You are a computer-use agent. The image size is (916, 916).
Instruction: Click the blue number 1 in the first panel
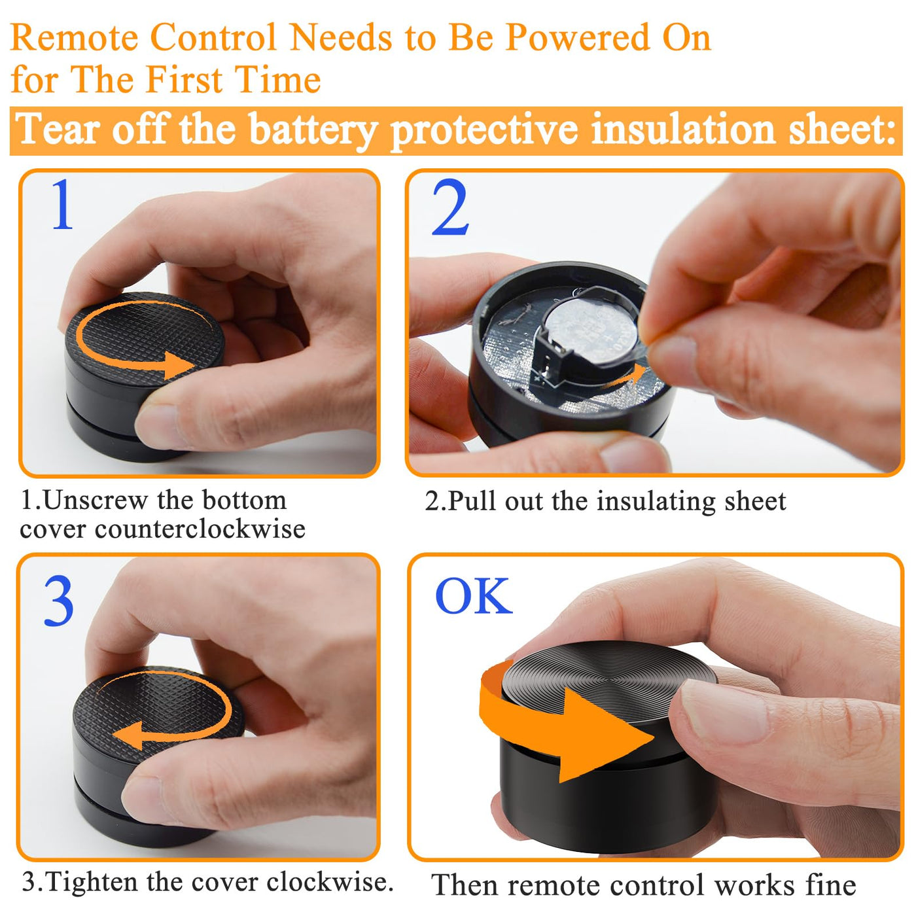(x=63, y=204)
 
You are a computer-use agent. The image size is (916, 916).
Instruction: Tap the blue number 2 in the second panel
(x=449, y=207)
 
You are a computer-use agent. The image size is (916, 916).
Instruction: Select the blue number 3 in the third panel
(x=59, y=601)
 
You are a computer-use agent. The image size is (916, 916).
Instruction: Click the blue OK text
(x=474, y=595)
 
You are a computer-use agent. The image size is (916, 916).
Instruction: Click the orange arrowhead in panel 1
(x=178, y=365)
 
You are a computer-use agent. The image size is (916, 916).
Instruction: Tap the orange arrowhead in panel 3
(x=128, y=735)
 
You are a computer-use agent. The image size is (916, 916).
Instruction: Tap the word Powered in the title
(x=578, y=37)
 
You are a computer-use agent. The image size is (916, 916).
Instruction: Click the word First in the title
(x=185, y=79)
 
